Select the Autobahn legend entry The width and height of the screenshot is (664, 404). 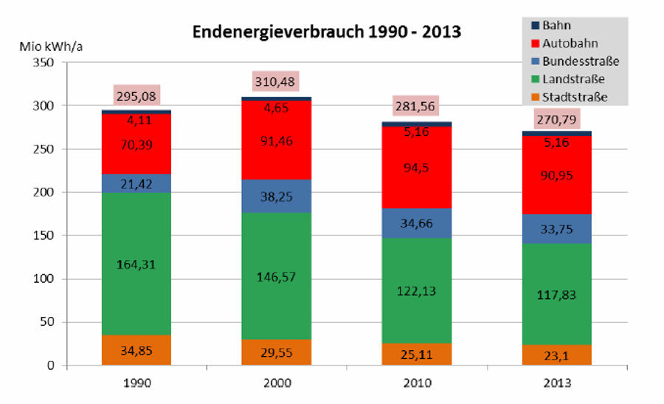point(567,43)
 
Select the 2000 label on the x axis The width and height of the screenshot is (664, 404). point(276,384)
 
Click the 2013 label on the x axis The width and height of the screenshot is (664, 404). point(557,384)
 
